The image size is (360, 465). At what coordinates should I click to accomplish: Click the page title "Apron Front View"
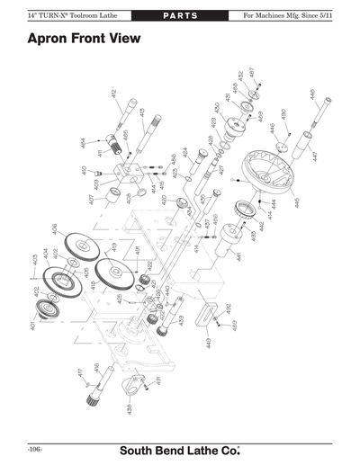(86, 40)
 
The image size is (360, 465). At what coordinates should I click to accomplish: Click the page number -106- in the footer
(35, 448)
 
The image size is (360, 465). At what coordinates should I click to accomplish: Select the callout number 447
(315, 156)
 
